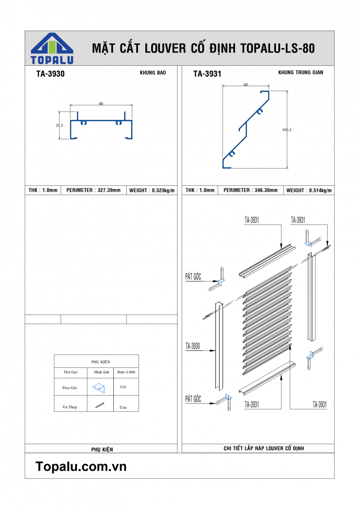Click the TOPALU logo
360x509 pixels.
tap(52, 48)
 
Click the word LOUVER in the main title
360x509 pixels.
tap(165, 48)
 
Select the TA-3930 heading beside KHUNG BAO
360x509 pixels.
tap(51, 74)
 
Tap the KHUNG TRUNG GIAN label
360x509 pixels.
tap(301, 73)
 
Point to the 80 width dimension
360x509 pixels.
tap(101, 103)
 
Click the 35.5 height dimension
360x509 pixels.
tap(59, 126)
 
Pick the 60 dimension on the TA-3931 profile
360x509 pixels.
tap(246, 84)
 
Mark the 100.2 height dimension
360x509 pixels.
tap(287, 130)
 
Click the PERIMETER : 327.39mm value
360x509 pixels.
tap(93, 190)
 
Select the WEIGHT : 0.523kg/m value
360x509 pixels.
tap(152, 191)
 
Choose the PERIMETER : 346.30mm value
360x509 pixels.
tap(250, 190)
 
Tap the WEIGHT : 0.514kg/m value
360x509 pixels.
tap(309, 191)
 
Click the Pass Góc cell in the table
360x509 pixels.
tap(70, 388)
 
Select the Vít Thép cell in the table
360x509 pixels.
tap(70, 407)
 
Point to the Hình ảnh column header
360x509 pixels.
tap(102, 372)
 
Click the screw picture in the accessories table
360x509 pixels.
tap(100, 406)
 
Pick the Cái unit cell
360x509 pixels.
tap(123, 387)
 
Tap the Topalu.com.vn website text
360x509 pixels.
tap(81, 467)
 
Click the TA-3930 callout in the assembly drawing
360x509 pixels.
tap(193, 346)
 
